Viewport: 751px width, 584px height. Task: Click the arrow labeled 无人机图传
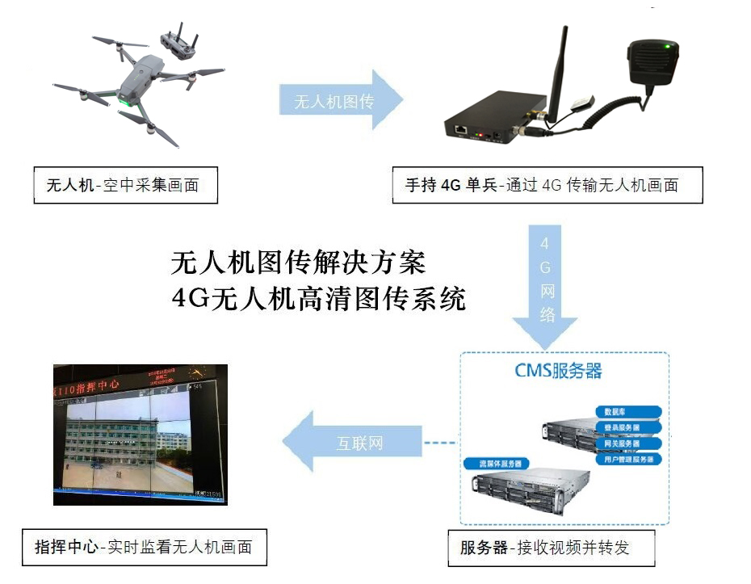(x=339, y=100)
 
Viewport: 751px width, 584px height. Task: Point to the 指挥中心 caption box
(x=143, y=547)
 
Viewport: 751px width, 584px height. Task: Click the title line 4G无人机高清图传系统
(x=319, y=299)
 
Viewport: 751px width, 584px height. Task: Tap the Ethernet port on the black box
(x=461, y=129)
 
